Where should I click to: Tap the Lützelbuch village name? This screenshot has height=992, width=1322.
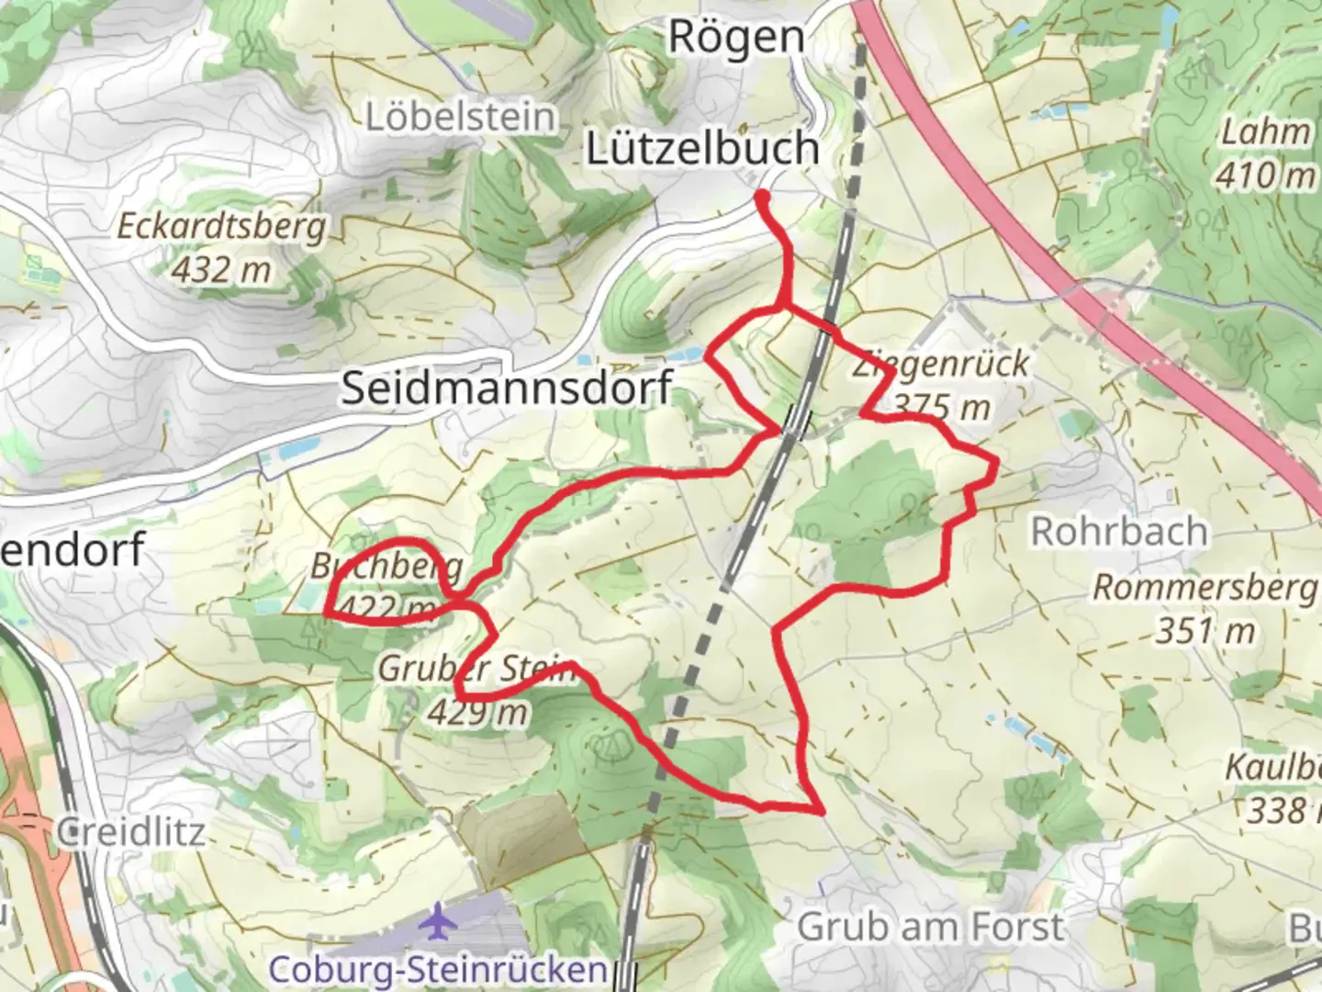click(702, 149)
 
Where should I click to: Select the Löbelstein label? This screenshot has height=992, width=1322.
click(461, 118)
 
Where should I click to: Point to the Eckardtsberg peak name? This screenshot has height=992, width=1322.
click(221, 227)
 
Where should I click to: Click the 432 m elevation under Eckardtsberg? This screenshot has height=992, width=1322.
click(221, 269)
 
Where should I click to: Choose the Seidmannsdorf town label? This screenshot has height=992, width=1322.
click(508, 388)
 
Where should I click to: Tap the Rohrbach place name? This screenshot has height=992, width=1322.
click(1119, 532)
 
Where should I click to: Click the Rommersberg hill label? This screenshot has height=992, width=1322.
click(1204, 588)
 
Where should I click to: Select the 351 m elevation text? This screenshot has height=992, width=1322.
click(1204, 631)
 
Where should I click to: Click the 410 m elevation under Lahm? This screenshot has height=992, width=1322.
click(1264, 175)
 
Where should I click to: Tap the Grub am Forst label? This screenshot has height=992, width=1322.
click(931, 928)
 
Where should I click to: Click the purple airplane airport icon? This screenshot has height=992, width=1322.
click(437, 921)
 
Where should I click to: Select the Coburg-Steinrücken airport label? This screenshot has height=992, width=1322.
click(437, 969)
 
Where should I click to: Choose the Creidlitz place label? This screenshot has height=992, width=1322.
click(130, 832)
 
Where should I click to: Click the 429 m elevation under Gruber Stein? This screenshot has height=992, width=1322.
click(477, 712)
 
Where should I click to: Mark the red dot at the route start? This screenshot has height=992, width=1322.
click(762, 196)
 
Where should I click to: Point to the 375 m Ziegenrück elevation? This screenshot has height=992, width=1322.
click(942, 406)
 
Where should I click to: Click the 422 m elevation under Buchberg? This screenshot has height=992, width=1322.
click(386, 607)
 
